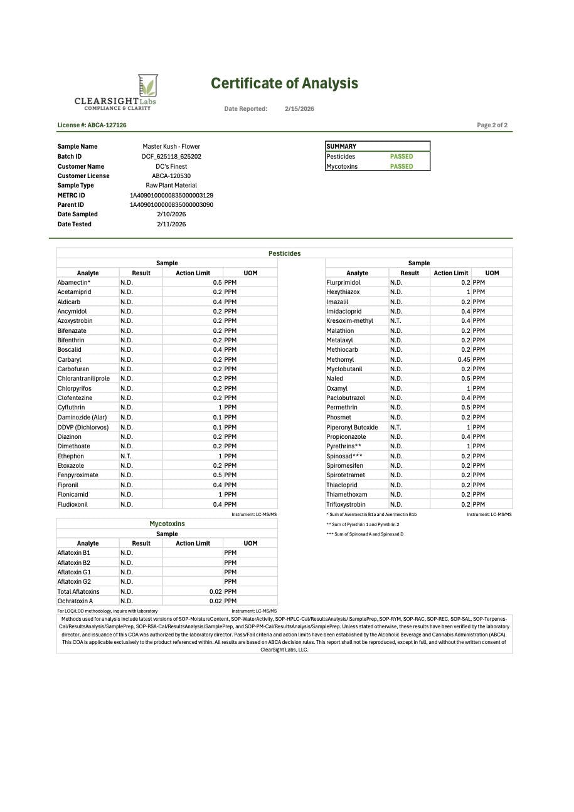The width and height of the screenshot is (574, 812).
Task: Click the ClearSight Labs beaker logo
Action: [147, 85]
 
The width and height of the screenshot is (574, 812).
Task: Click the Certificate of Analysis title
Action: [284, 83]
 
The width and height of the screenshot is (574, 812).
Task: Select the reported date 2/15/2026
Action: [299, 109]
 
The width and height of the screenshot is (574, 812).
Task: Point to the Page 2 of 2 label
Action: [492, 125]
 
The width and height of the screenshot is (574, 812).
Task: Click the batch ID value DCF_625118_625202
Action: [171, 157]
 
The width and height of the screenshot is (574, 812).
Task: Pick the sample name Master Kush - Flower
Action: [171, 147]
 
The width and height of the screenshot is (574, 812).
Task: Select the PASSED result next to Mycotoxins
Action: [401, 167]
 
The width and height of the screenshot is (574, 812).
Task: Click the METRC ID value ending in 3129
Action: [171, 196]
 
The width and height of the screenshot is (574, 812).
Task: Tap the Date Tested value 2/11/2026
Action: [171, 224]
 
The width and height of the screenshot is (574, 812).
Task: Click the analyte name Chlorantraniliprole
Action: [83, 379]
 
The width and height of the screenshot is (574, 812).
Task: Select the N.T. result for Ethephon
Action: [127, 456]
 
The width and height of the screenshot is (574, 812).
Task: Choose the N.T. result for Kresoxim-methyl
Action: [396, 321]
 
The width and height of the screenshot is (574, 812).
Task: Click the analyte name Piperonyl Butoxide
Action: [352, 428]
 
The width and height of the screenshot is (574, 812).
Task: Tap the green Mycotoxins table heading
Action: [167, 524]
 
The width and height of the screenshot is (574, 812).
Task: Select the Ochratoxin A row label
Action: [75, 601]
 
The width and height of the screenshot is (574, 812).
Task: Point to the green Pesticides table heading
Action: [284, 254]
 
